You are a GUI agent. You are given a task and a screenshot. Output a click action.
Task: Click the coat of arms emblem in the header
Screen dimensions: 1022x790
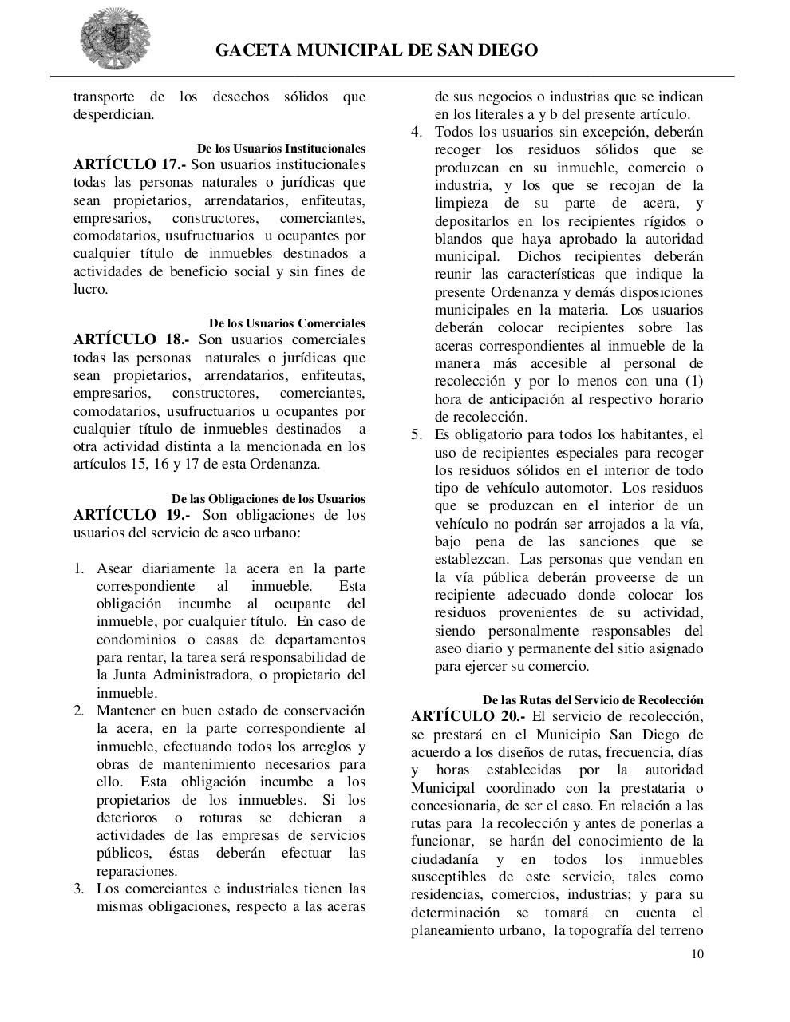pos(115,39)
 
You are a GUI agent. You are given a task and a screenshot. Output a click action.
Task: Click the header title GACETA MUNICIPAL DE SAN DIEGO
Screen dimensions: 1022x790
pos(377,51)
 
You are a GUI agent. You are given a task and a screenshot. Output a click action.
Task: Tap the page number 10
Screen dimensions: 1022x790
pos(697,954)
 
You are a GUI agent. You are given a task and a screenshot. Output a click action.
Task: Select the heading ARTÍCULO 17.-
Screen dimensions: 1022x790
pos(128,164)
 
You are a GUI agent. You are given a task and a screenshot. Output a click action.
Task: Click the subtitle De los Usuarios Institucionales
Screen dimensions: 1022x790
pos(281,149)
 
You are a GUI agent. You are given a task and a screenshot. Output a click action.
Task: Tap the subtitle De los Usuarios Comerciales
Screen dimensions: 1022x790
pos(287,323)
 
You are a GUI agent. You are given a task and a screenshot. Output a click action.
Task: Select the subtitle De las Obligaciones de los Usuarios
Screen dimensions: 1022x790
pos(268,499)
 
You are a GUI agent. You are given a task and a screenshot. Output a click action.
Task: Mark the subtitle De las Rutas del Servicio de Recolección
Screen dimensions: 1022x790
pos(593,700)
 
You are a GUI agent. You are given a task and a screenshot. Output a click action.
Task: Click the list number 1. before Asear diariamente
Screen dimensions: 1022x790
pos(79,569)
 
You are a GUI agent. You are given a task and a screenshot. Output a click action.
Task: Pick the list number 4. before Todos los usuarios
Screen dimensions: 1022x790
pos(417,132)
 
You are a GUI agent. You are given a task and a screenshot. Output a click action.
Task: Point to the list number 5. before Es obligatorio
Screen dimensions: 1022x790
pos(417,435)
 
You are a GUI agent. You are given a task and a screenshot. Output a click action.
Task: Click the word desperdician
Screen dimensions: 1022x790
pos(113,114)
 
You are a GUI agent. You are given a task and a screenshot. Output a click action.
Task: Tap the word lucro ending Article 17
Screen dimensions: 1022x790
pos(89,289)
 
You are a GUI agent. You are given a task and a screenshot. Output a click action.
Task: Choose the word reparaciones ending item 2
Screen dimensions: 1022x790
pos(136,871)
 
